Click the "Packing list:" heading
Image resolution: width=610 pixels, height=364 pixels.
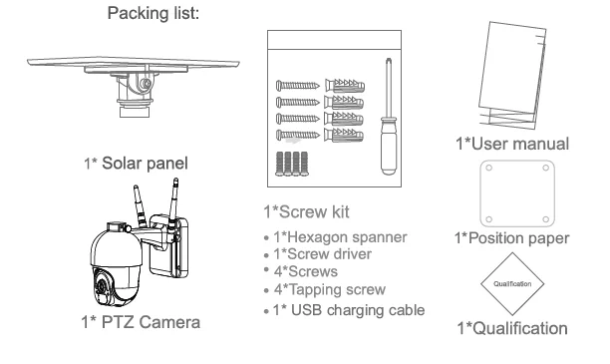coord(152,13)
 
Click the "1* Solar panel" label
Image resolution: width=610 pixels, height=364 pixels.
coord(136,164)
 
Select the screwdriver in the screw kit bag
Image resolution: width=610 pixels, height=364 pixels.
coord(389,117)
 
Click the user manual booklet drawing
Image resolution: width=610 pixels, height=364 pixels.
coord(512,74)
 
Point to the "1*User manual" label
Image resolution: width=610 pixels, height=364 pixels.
coord(512,144)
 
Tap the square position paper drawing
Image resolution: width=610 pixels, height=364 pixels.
coord(517,193)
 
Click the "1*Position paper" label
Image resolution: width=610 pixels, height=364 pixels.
coord(511,238)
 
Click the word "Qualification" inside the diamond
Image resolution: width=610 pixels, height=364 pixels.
coord(512,284)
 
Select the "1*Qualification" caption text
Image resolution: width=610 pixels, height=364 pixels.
coord(512,328)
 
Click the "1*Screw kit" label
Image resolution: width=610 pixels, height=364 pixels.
coord(306,211)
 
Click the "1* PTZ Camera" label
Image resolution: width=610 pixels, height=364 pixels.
coord(141,322)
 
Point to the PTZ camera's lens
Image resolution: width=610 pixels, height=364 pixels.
coord(102,286)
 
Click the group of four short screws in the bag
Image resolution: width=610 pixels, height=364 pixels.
coord(292,164)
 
